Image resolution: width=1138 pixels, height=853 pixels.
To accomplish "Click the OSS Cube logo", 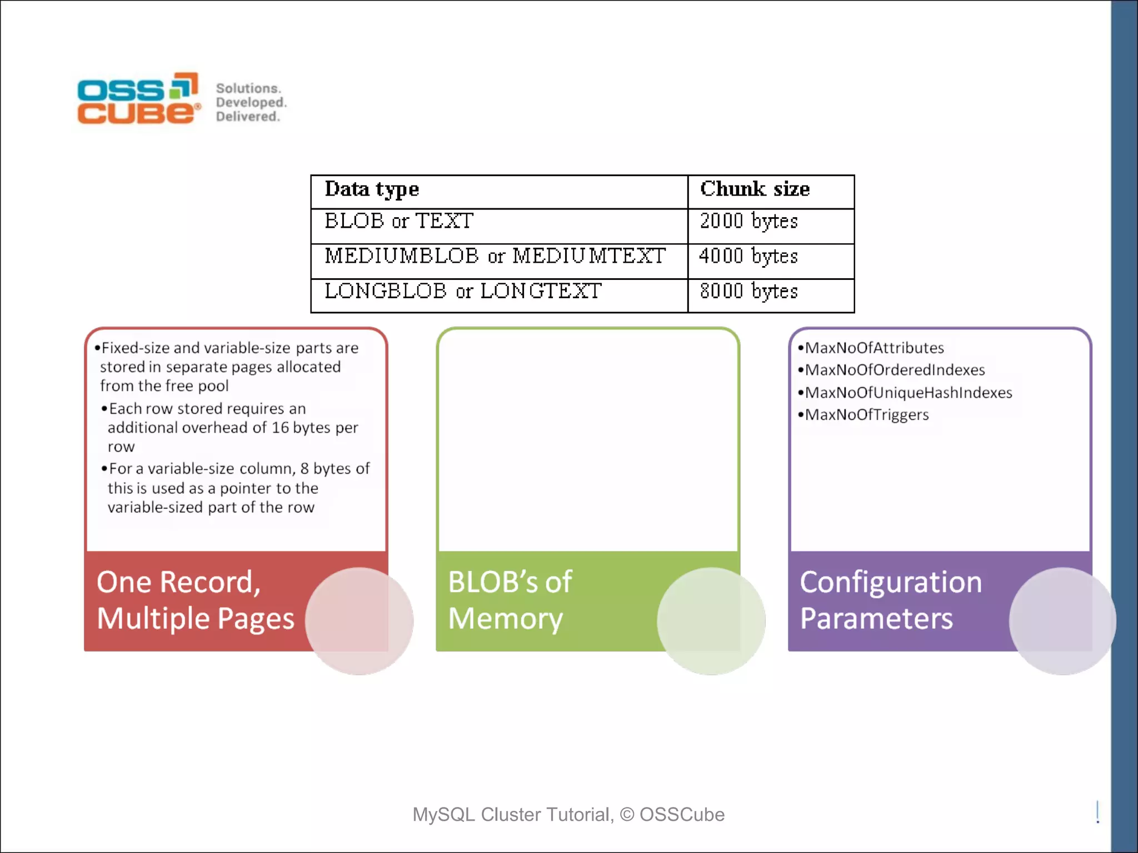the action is coord(138,99).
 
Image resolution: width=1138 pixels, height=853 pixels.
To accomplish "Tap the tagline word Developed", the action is coord(251,102).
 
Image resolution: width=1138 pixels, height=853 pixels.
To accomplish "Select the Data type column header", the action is coord(372,189).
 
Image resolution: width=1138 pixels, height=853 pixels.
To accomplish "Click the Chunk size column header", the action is coord(755,189).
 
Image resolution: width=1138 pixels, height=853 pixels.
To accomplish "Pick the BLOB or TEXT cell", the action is coord(399,222).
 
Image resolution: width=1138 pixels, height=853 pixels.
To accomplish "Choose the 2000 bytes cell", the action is coord(748,222).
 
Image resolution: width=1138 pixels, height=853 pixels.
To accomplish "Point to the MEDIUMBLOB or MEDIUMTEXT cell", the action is coord(495,257).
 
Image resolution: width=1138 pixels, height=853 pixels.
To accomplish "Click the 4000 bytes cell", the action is coord(748,257).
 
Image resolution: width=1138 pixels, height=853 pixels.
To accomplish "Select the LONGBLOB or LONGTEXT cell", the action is coord(463,292).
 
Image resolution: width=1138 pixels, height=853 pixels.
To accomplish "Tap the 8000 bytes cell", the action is coord(748,292).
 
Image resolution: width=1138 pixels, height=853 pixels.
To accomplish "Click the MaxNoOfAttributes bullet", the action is coord(874,348).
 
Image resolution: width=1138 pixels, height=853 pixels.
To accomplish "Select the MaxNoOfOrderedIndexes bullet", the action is coord(895,370).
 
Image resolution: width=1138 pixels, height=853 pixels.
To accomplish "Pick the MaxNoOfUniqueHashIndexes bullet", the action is coord(909,393).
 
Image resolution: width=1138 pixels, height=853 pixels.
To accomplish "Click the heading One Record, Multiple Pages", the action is coord(195,600).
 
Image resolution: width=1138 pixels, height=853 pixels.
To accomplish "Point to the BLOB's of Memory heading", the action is coord(510,600).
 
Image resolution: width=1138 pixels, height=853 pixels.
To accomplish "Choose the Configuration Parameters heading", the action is coord(890,600).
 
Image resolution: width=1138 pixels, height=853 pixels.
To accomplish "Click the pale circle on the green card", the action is coord(711,621).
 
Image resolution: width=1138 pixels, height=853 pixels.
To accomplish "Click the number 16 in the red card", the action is coord(280,428).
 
